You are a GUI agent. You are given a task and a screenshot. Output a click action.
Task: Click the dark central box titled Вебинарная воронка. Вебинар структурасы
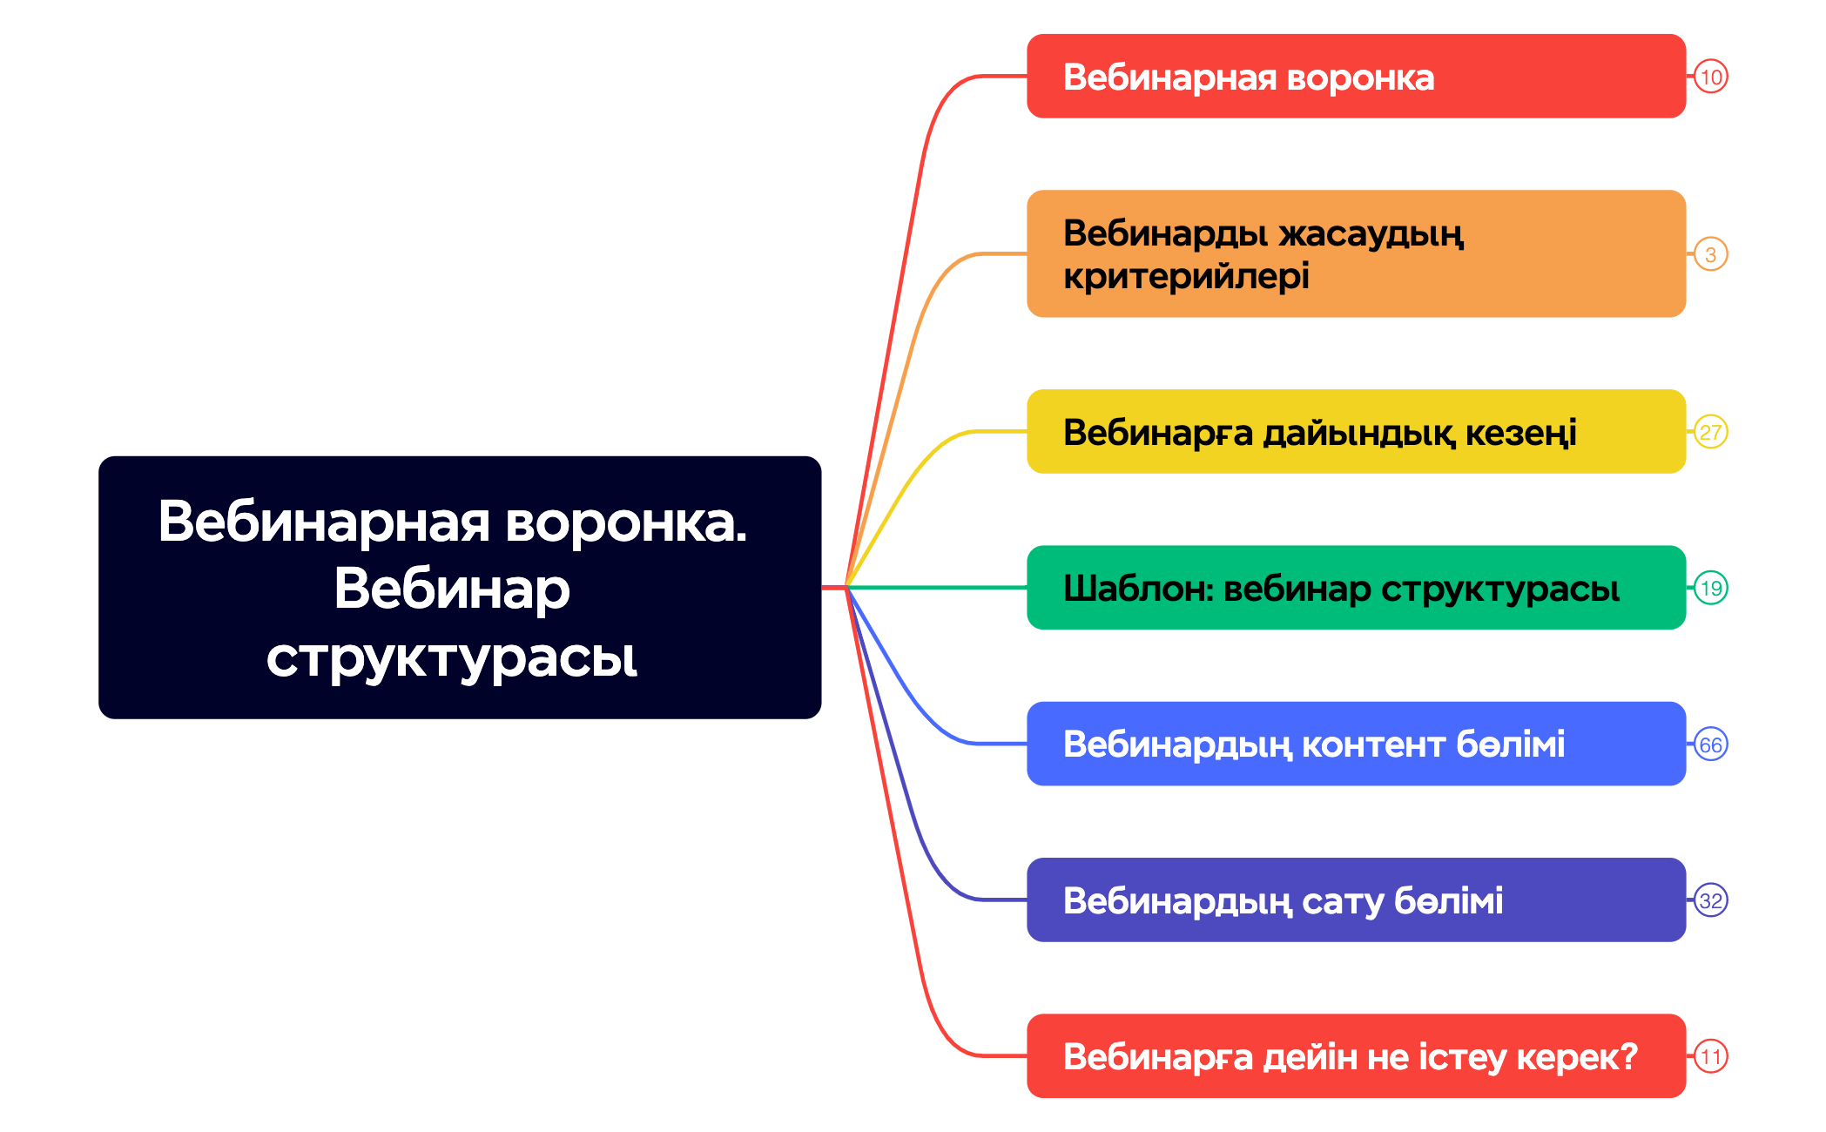coord(460,587)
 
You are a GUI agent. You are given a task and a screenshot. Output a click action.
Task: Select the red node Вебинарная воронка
coord(1356,77)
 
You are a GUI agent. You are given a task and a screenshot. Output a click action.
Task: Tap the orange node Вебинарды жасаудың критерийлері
coord(1356,253)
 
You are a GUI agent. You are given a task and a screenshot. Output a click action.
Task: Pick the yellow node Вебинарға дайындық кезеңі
coord(1356,432)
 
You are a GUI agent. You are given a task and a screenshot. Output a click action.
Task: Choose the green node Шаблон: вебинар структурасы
coord(1356,588)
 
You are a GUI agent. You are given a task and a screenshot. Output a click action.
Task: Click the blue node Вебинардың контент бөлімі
coord(1356,744)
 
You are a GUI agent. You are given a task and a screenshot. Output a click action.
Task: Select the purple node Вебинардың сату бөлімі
coord(1356,900)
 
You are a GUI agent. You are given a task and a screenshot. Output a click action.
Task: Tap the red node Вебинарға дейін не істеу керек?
coord(1356,1055)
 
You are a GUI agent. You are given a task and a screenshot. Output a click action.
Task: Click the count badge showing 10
coord(1710,77)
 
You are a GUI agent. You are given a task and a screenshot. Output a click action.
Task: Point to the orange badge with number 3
coord(1710,254)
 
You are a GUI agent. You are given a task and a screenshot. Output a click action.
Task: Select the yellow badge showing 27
coord(1710,432)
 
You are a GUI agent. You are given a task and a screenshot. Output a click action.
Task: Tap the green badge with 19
coord(1710,588)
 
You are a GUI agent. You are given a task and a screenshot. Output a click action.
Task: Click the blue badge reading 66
coord(1710,745)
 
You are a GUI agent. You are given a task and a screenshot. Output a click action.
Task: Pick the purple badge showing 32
coord(1710,900)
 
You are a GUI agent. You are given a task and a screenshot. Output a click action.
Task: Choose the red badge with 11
coord(1710,1056)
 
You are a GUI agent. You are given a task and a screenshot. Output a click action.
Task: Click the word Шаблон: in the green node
coord(1138,589)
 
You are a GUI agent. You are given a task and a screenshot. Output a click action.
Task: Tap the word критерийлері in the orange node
coord(1186,277)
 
